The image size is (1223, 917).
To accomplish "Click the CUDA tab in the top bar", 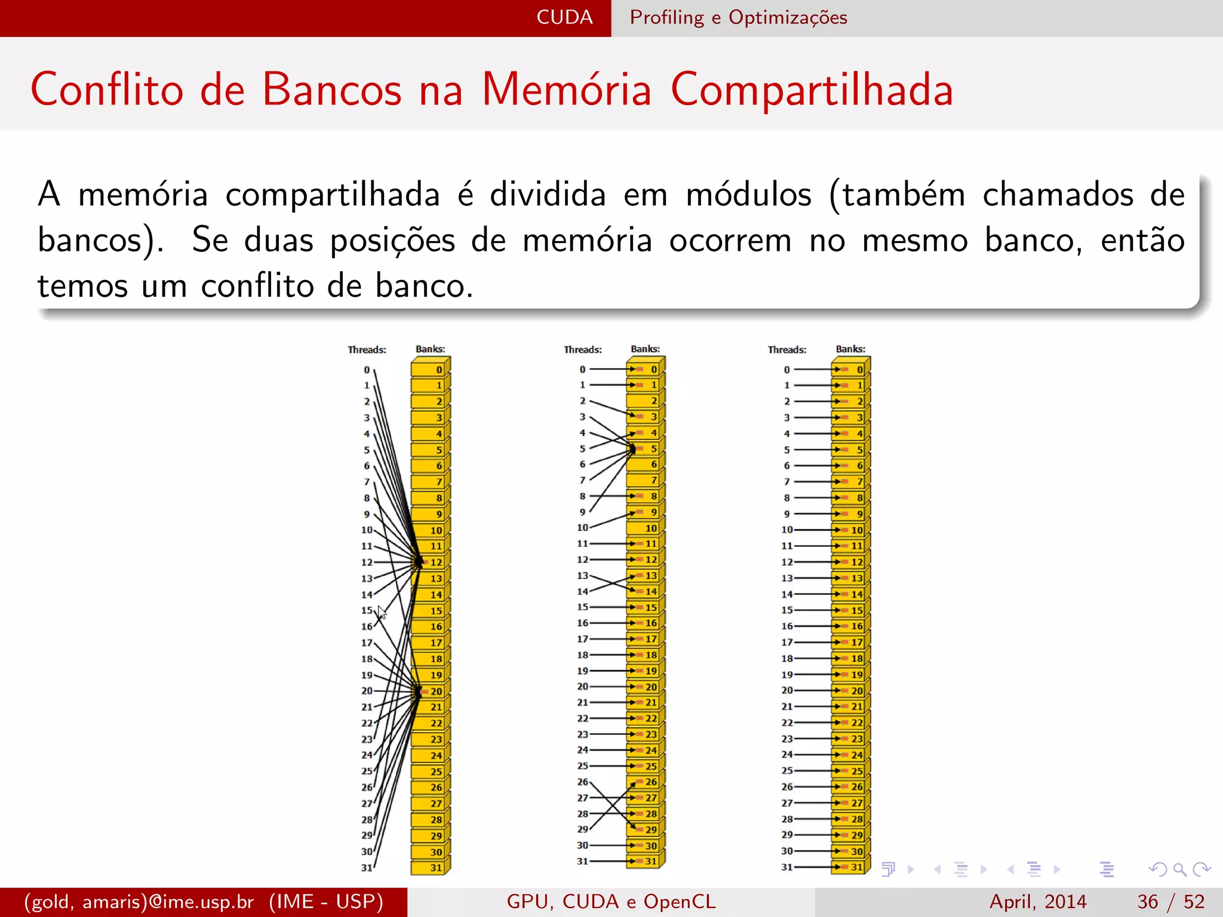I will pos(564,17).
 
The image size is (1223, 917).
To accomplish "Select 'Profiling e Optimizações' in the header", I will pos(738,17).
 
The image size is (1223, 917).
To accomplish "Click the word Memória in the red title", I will pos(566,90).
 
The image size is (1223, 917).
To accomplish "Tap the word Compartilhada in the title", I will pos(812,90).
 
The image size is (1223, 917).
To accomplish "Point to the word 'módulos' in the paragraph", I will pos(749,195).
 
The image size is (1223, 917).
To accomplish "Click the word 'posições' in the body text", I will pos(392,241).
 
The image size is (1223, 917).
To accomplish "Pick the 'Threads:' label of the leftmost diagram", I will pos(367,350).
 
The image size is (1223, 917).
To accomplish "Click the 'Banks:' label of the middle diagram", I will pos(645,349).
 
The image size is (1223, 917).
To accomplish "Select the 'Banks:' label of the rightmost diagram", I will pos(850,349).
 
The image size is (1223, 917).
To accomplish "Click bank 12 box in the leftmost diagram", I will pos(430,562).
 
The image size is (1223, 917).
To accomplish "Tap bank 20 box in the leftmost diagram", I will pos(430,691).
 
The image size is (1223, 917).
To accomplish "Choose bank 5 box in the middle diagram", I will pos(646,448).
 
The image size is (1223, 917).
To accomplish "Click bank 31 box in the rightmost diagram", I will pos(850,867).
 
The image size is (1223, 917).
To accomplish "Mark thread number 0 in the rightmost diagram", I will pos(786,370).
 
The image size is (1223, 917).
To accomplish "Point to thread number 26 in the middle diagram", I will pos(582,782).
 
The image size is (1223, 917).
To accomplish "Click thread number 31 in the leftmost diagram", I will pos(367,868).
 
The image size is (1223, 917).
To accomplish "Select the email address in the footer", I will pos(139,901).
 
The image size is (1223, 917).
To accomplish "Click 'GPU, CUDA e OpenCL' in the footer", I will pos(611,901).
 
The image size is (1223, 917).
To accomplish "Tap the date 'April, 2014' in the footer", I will pos(1038,901).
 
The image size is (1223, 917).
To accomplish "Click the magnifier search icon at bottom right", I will pos(1179,869).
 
